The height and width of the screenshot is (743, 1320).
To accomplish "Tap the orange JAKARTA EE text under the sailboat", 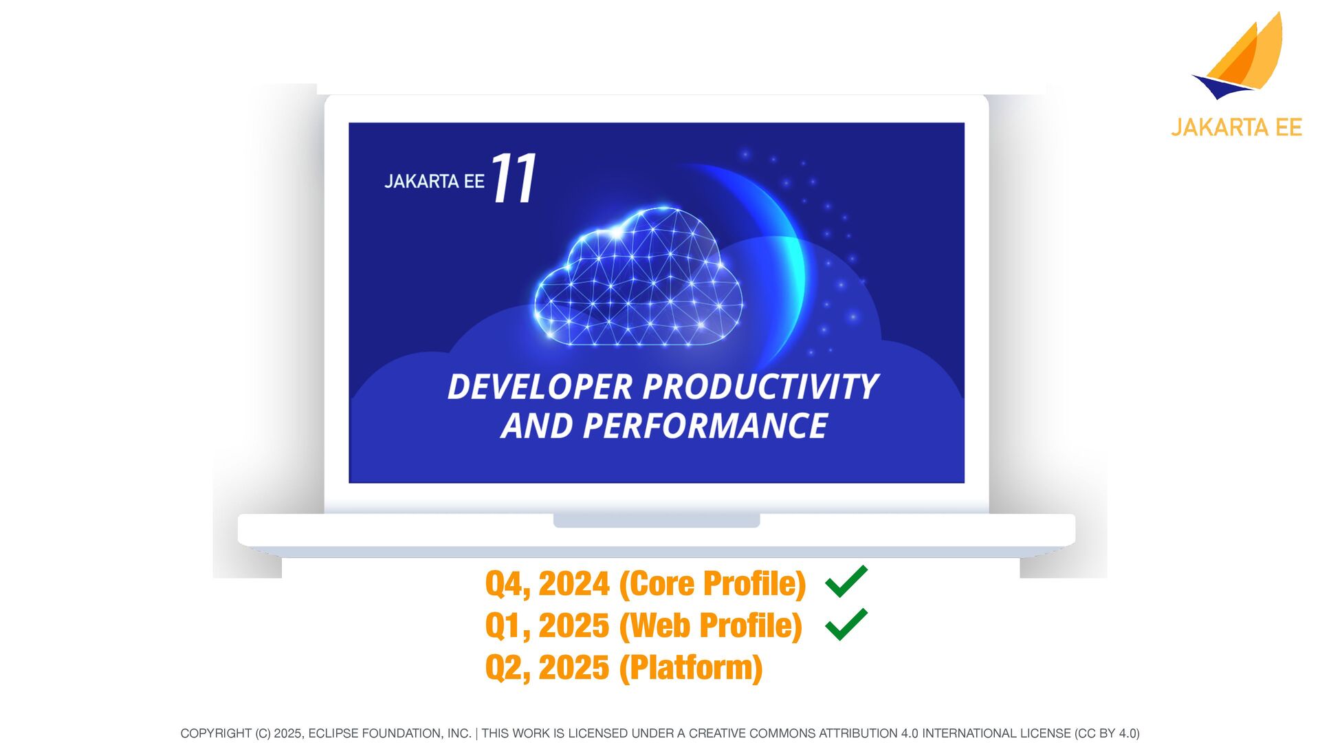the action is (x=1236, y=128).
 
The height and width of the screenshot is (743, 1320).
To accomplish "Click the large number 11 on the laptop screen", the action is (x=514, y=177).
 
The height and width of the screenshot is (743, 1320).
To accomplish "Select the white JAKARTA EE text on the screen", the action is (x=434, y=182).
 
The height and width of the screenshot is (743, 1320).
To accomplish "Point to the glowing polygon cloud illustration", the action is (x=638, y=276).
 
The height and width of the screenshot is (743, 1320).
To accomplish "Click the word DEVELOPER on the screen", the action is (x=540, y=387).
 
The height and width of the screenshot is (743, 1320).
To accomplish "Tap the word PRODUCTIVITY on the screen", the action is (x=760, y=387).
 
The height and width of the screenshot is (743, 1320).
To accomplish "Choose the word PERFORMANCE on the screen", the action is (x=705, y=426).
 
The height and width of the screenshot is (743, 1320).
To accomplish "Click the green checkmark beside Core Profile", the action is (x=846, y=581).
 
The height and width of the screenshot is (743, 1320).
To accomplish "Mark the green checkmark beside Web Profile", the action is (x=846, y=625).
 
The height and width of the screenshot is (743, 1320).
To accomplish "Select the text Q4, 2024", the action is (x=547, y=584).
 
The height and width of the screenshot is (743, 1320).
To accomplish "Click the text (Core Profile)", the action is (x=712, y=584).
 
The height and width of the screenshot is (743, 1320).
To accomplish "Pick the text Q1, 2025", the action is (x=547, y=626).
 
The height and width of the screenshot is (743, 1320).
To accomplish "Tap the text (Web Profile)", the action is (x=711, y=626).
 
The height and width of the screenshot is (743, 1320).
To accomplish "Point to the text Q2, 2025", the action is (x=547, y=668).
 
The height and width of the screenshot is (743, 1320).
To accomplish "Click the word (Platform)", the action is (x=691, y=668).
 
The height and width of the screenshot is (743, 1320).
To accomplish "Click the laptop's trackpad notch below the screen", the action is (x=657, y=521).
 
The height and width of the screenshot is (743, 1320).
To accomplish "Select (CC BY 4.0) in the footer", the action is (x=1107, y=733).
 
